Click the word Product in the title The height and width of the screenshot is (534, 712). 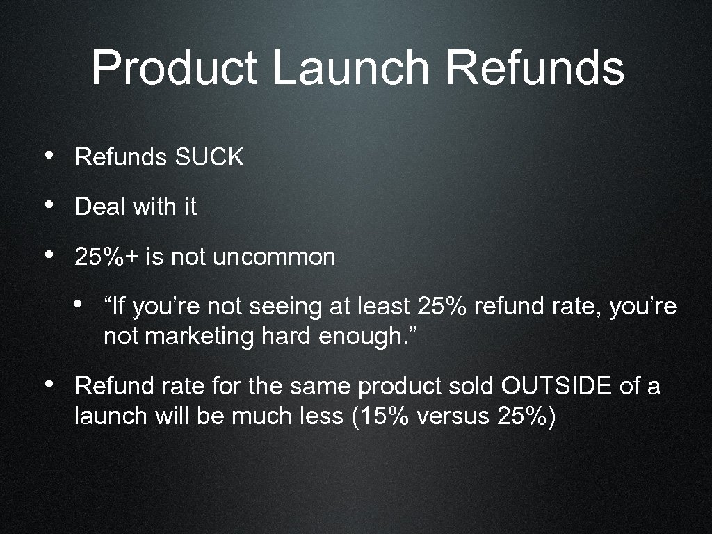[x=175, y=68]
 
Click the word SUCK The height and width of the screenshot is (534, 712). [x=209, y=158]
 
